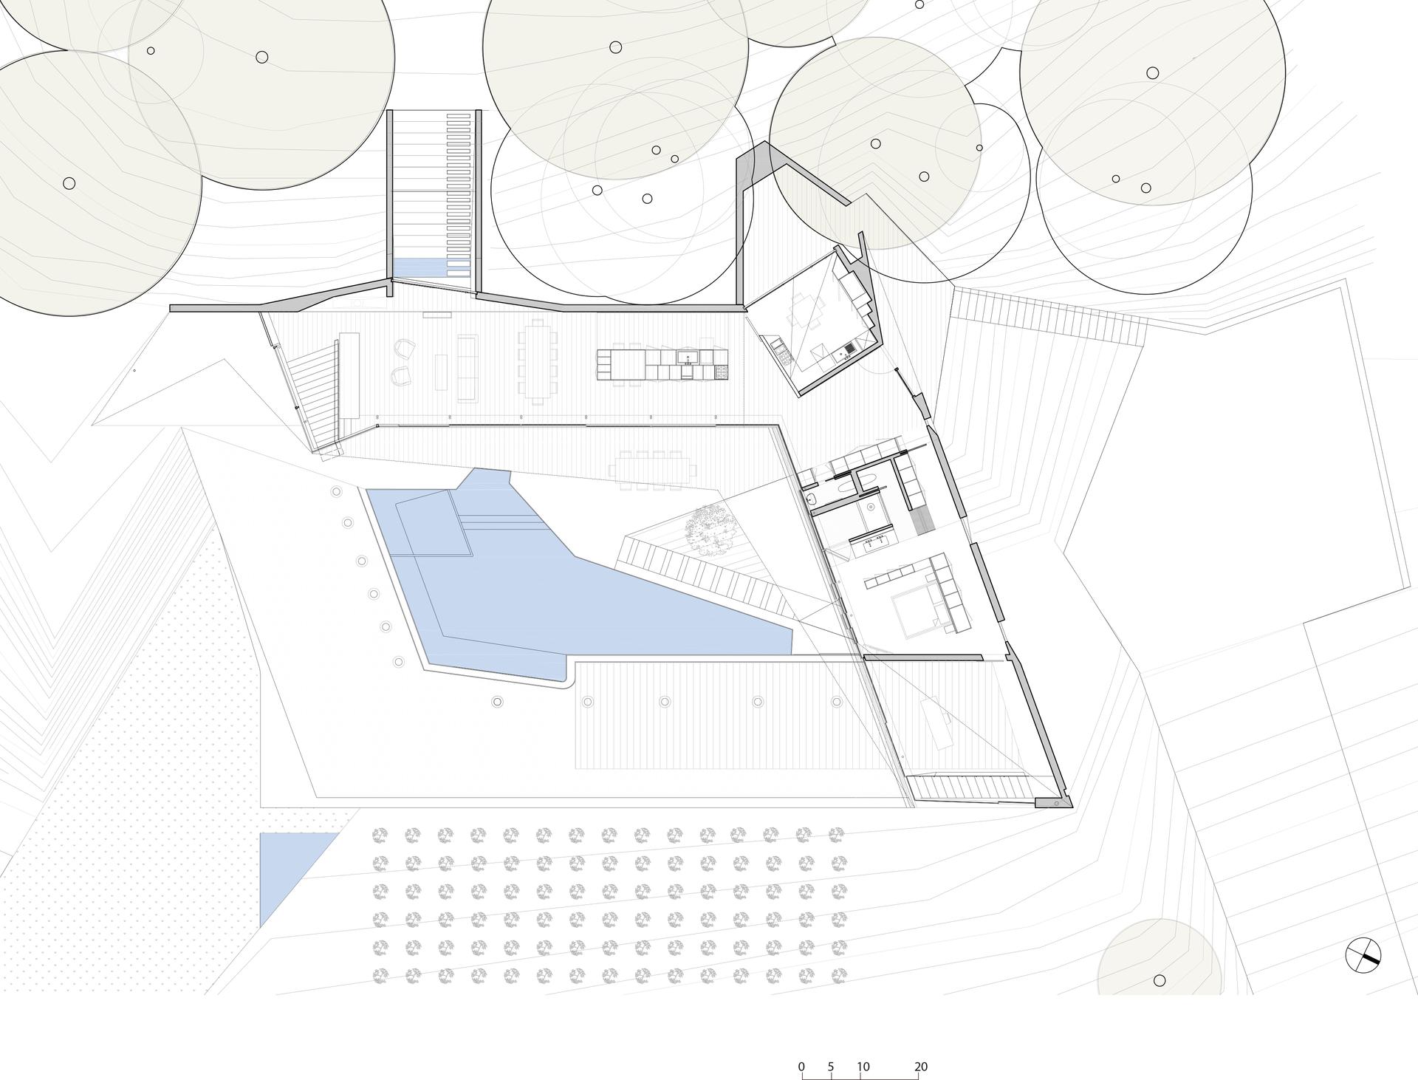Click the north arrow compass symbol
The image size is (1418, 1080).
[x=1363, y=954]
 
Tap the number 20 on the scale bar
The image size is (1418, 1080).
[x=920, y=1046]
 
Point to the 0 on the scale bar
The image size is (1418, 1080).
[x=801, y=1046]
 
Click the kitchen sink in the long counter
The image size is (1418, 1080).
[x=689, y=358]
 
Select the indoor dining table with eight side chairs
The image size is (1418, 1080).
[x=538, y=360]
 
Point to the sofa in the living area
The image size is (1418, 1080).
[x=467, y=368]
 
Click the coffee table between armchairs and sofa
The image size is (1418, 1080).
[x=442, y=372]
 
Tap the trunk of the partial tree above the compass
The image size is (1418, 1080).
[x=1160, y=980]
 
